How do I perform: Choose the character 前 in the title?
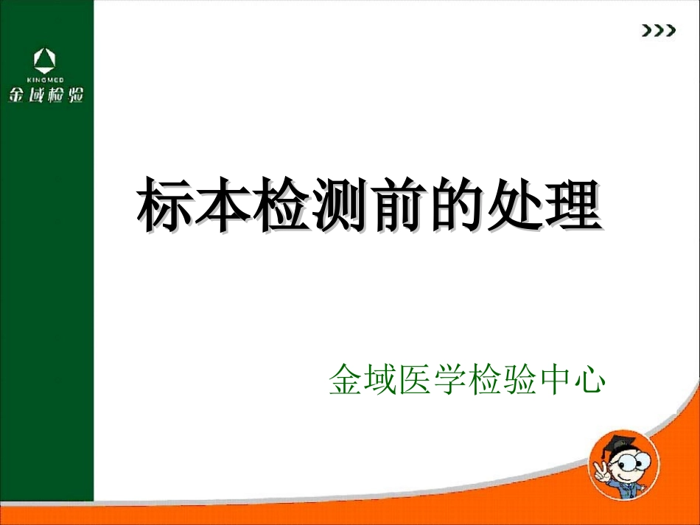click(396, 203)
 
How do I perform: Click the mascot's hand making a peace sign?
click(598, 471)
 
